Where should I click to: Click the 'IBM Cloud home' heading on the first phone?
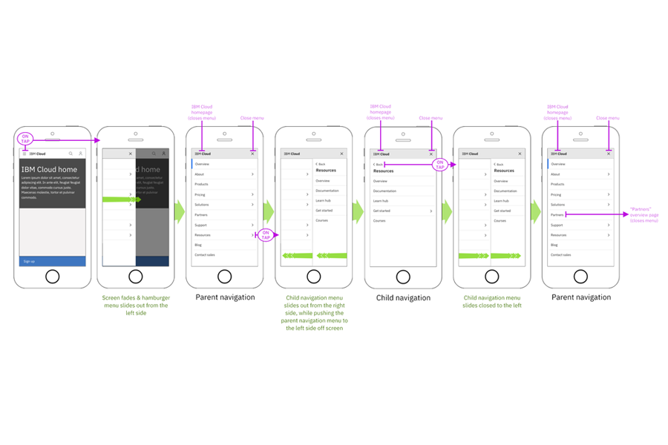49,170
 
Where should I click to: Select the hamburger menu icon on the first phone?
24,154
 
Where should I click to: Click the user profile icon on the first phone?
80,154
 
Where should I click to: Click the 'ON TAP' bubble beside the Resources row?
266,235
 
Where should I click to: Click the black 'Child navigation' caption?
402,298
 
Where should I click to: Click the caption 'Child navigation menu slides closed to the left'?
491,301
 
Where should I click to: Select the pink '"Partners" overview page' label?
644,215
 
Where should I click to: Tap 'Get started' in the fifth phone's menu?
382,211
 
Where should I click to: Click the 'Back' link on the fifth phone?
379,164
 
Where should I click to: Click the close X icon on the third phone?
252,154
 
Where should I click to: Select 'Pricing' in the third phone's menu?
200,194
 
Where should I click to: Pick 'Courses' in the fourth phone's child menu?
321,220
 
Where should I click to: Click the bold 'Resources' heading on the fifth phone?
384,171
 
